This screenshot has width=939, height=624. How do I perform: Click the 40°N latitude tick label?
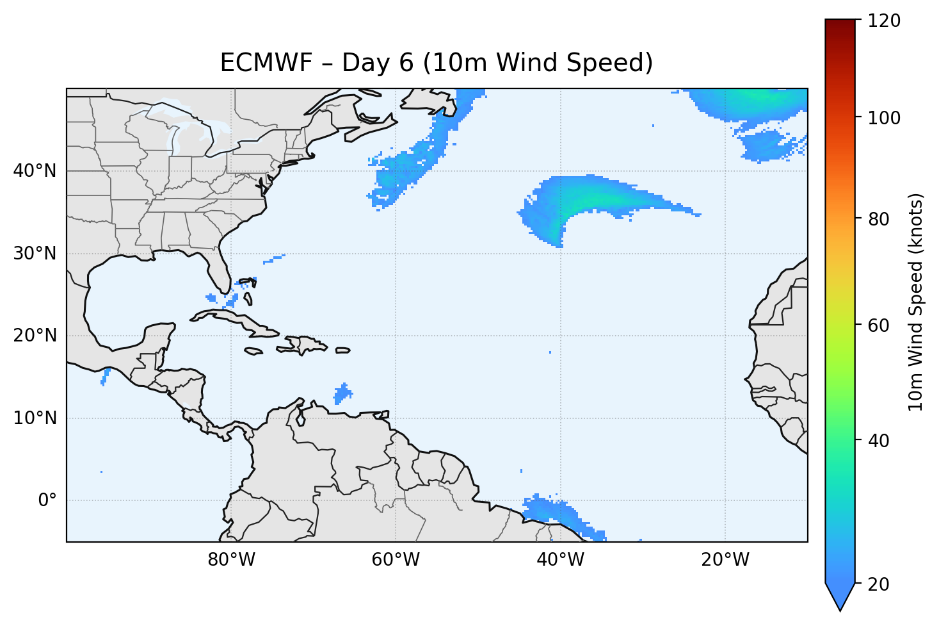(35, 171)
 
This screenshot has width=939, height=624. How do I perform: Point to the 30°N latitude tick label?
(35, 254)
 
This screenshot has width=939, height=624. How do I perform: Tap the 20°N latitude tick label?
(35, 336)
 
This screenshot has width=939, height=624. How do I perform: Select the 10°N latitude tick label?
(35, 418)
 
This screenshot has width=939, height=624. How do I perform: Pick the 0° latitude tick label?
(47, 500)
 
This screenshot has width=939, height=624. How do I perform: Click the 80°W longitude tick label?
(231, 560)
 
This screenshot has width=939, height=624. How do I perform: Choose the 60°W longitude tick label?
(396, 560)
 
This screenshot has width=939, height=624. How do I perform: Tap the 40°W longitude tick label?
(560, 560)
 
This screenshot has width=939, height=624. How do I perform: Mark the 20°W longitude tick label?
(725, 560)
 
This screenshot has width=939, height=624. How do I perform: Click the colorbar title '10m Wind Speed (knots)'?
(917, 302)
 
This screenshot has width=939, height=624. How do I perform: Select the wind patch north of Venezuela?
(343, 393)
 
